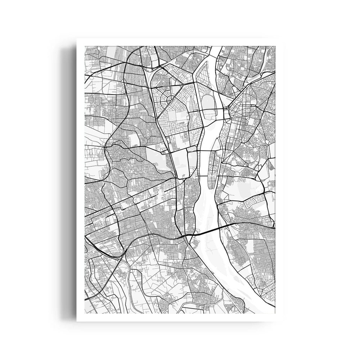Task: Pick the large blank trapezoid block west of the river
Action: point(179,164)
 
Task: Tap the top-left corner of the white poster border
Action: point(77,39)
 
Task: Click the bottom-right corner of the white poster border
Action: point(283,321)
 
